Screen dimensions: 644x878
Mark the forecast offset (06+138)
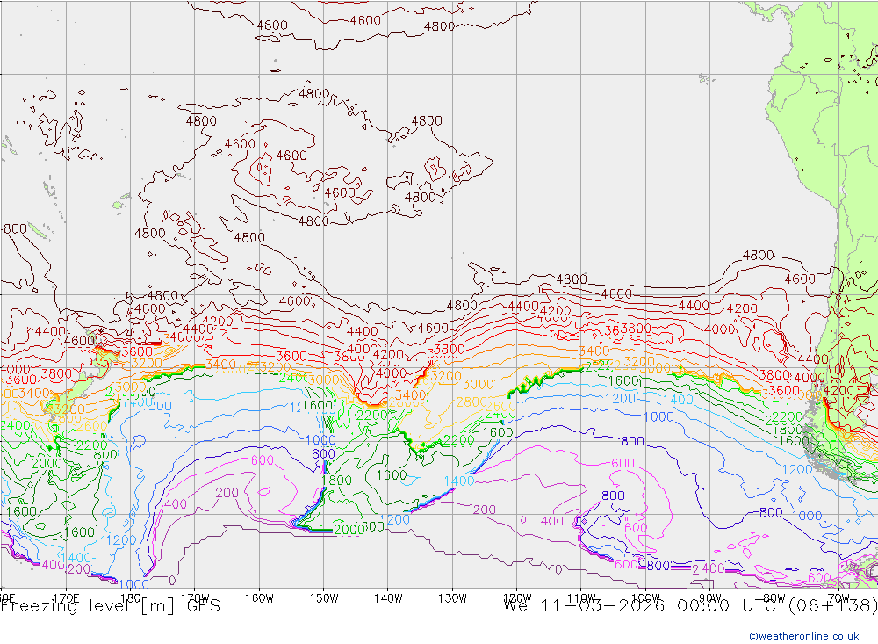point(832,606)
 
